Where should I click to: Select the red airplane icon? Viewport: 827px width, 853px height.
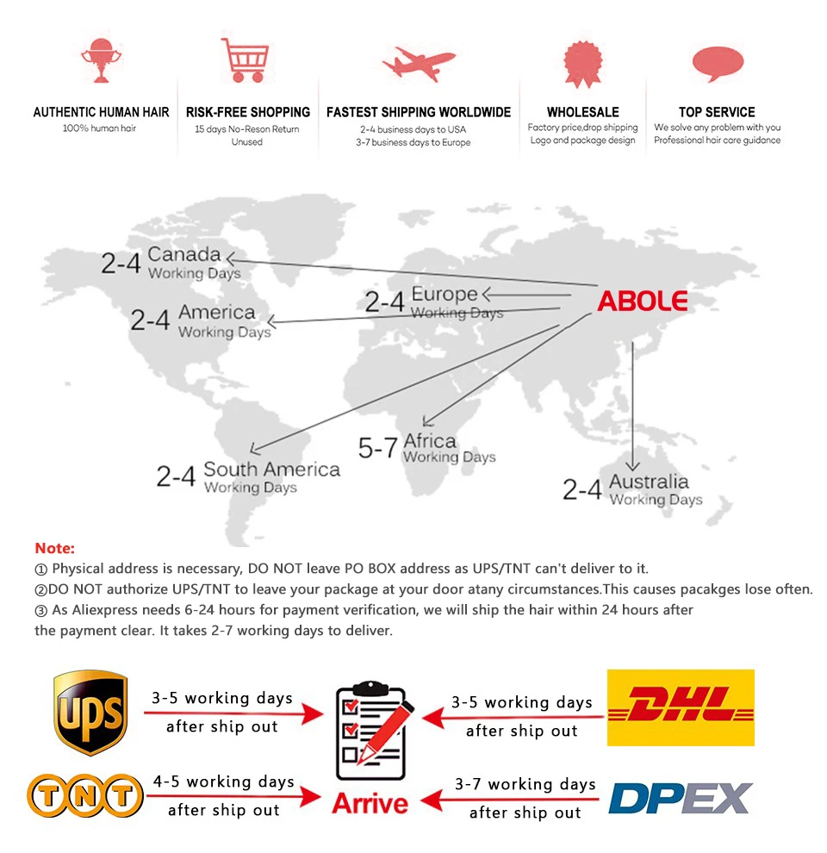(419, 63)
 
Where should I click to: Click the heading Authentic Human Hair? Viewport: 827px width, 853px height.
(101, 112)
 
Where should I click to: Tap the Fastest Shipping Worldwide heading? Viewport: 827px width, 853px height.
(419, 112)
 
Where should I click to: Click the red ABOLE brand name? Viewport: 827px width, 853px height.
(643, 301)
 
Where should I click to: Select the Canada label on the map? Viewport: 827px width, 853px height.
(183, 255)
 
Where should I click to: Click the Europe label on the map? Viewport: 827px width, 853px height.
(444, 294)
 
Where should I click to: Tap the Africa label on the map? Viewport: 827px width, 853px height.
(430, 441)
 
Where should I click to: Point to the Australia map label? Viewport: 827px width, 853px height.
(649, 481)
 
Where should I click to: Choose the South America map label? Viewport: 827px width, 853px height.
(271, 470)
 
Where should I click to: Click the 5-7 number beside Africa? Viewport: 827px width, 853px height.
(377, 448)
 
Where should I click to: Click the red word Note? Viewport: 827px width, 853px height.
(55, 548)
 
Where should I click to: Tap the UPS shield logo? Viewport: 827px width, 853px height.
(90, 713)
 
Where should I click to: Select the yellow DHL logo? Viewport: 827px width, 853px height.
(681, 707)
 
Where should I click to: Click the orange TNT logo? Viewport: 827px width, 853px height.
(84, 795)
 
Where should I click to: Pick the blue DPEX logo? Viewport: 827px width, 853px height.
(680, 798)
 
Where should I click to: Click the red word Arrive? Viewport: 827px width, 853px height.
(370, 803)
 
